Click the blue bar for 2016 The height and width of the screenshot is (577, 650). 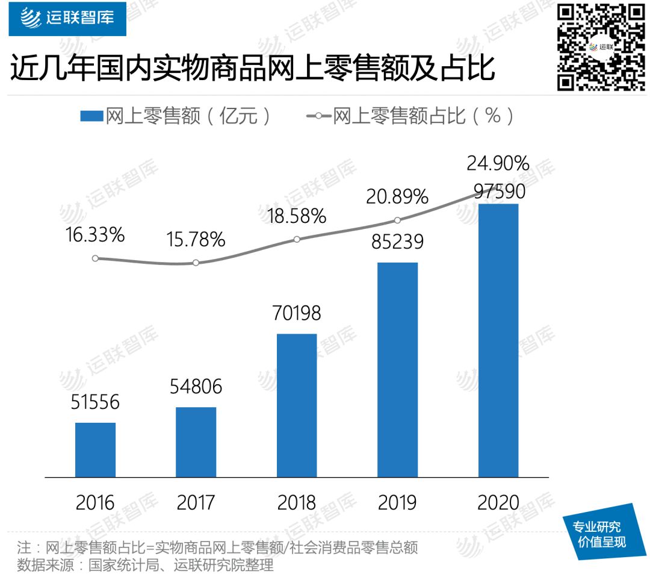coord(95,450)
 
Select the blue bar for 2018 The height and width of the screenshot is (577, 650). coord(297,405)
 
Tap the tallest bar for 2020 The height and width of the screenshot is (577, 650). coord(498,340)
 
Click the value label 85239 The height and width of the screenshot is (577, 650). coord(397,242)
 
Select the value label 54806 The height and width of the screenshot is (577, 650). coord(195,386)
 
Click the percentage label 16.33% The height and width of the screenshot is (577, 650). coord(95,235)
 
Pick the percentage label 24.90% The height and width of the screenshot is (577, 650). coord(499,163)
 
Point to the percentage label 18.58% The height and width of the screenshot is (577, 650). coord(297,216)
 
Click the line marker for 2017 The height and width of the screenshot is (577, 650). coord(196,263)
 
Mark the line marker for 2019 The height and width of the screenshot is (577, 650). coord(397,220)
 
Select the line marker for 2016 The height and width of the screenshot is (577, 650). coord(95,258)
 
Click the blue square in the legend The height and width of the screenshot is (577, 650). coord(91,116)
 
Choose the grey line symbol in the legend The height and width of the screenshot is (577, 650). coord(319,116)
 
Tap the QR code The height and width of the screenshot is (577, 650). coord(601,46)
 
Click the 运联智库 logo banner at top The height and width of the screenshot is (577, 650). coord(67,19)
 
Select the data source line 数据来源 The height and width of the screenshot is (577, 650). coord(145,566)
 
